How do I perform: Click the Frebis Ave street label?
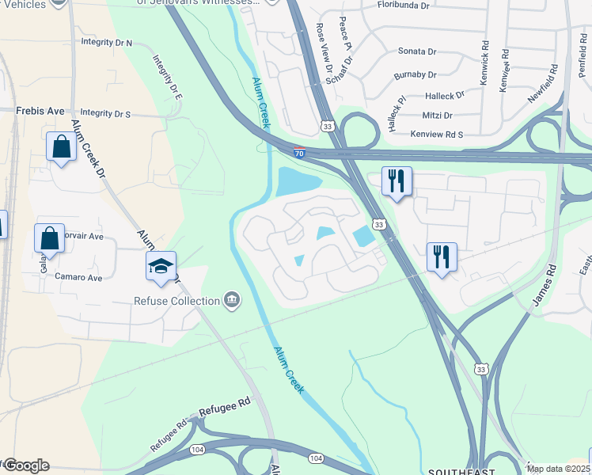40,111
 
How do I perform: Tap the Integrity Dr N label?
107,42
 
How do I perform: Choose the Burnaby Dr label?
415,75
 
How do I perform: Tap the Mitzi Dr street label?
437,115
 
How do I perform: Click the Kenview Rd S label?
436,135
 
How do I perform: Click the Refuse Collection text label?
176,301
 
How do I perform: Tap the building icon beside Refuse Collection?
231,299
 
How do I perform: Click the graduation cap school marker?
161,266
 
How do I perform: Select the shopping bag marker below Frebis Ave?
61,147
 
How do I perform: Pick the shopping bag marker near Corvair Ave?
49,237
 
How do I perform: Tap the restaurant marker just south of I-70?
397,180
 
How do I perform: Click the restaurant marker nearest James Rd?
442,256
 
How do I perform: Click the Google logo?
26,465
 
